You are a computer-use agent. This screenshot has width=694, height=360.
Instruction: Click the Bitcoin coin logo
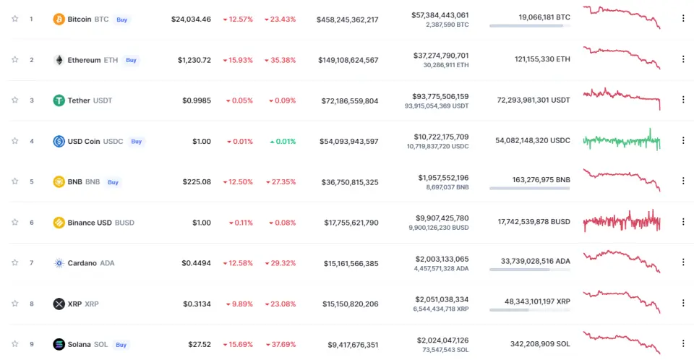click(59, 19)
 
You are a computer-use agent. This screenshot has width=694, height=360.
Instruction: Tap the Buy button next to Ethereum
click(131, 60)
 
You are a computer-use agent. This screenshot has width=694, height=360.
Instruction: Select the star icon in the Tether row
click(14, 100)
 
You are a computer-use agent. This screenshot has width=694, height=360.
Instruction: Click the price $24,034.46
click(191, 20)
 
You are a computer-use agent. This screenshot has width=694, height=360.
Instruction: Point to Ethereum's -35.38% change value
click(280, 60)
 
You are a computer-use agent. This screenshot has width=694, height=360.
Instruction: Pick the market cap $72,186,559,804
click(348, 100)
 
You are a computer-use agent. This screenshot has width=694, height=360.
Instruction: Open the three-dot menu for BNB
click(683, 181)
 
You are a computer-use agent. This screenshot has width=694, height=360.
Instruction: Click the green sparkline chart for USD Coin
click(622, 140)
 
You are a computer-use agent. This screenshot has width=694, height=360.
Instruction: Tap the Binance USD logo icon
click(59, 223)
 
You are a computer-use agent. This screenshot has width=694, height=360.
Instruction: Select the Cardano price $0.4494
click(196, 263)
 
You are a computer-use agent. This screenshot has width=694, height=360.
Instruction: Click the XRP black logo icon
click(59, 304)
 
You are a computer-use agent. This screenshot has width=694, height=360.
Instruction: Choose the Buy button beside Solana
click(121, 344)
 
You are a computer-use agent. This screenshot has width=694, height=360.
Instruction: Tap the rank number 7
click(31, 263)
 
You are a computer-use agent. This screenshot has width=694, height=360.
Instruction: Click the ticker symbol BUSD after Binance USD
click(124, 223)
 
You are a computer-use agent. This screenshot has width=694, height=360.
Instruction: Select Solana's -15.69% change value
click(237, 344)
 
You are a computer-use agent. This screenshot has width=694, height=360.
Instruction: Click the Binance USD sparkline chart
click(622, 221)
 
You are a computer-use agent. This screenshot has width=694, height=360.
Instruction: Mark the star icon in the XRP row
click(14, 304)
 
